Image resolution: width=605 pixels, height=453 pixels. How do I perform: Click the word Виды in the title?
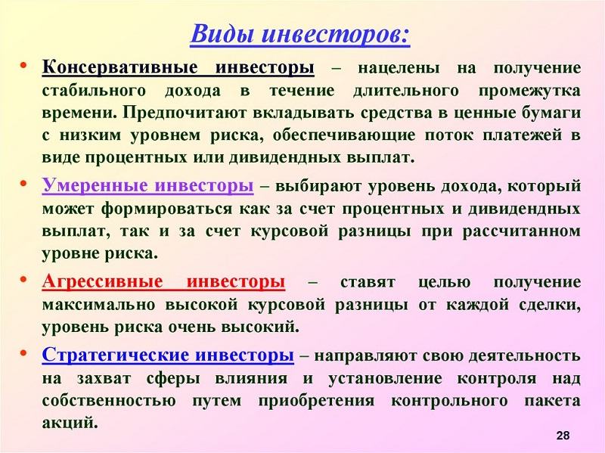222,33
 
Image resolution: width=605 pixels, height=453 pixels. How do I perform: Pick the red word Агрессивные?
102,281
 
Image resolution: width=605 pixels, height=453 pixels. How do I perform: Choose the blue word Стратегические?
116,355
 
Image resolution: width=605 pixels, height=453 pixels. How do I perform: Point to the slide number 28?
563,436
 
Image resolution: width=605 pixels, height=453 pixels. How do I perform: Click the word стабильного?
94,91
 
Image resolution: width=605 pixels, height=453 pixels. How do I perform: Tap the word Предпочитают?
186,113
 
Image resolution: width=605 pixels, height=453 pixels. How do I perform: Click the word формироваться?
167,209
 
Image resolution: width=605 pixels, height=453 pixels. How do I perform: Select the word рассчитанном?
522,231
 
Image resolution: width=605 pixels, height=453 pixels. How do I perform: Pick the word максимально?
98,305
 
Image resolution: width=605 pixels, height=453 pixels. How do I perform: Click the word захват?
104,378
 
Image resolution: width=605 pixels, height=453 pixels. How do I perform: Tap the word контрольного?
449,401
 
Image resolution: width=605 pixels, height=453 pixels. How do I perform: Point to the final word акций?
69,424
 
